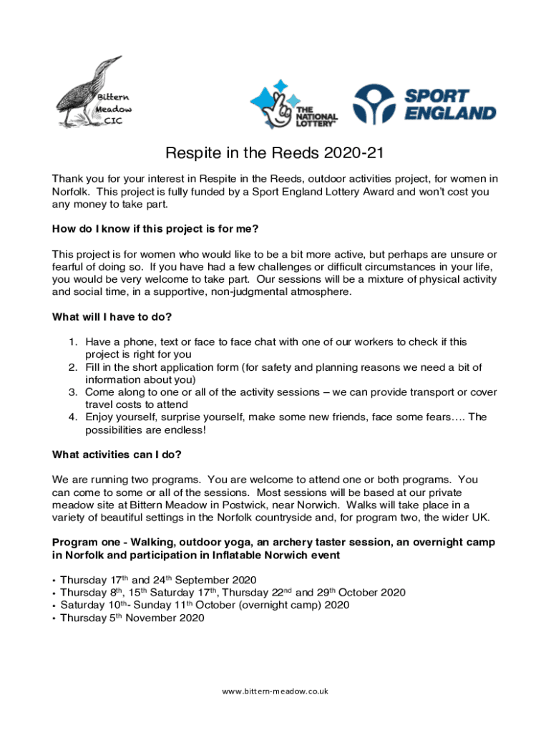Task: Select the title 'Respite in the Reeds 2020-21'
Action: coord(275,154)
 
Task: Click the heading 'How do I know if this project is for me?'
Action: coord(155,229)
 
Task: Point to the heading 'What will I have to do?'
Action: coord(112,316)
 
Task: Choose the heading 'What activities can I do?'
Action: coord(117,455)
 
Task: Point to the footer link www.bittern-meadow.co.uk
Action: coord(275,691)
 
